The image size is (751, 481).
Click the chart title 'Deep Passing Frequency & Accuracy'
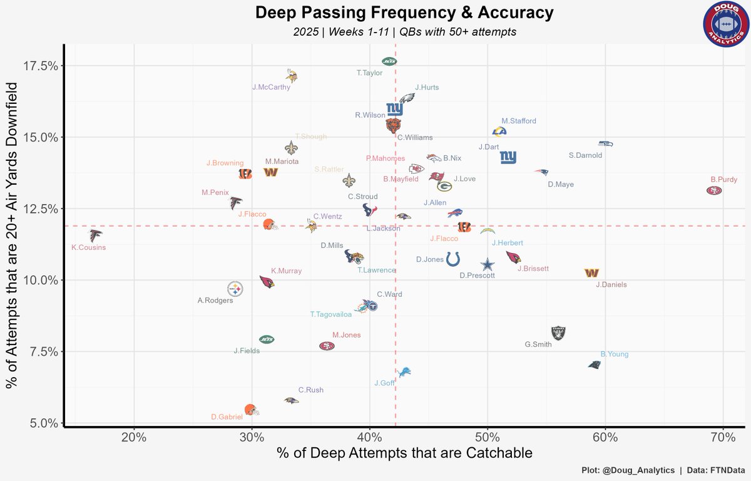point(404,13)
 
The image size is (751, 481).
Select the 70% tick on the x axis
point(723,437)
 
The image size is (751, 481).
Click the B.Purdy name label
point(723,178)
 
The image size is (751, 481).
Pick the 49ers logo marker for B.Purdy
point(713,190)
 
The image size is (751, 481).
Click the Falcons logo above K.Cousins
point(95,235)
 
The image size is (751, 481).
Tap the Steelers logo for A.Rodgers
point(235,289)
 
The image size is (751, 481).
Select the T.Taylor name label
point(369,73)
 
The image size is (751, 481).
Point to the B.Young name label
point(614,354)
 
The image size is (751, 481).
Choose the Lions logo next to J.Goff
point(405,372)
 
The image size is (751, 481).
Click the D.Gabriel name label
point(226,417)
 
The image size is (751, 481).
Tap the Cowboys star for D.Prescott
point(487,266)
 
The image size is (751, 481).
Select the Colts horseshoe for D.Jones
point(453,259)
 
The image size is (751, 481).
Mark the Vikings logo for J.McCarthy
point(291,76)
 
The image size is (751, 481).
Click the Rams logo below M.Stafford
point(499,132)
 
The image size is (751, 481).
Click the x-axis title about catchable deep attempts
point(404,453)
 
